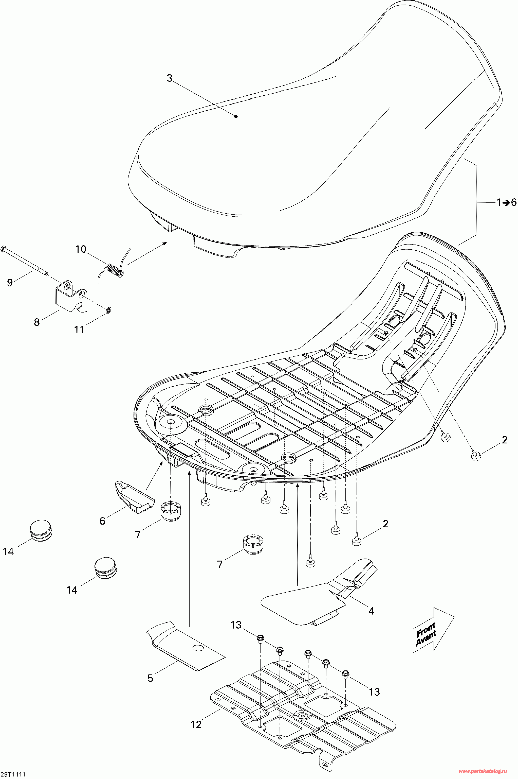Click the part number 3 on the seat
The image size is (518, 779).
(170, 78)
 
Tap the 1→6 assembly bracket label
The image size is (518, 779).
(506, 202)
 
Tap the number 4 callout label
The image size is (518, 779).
(371, 611)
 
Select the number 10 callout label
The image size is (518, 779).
(81, 249)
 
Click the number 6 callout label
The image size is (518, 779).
(102, 521)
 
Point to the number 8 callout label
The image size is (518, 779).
(37, 322)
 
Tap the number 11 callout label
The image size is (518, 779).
(79, 330)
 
